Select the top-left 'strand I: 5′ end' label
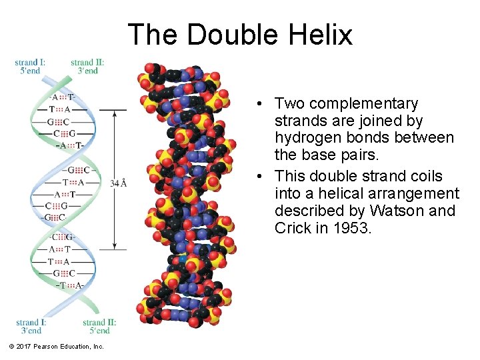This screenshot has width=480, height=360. tap(30, 67)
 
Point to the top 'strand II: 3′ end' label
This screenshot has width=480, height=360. tap(87, 67)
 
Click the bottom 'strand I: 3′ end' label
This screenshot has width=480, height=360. tap(31, 327)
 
